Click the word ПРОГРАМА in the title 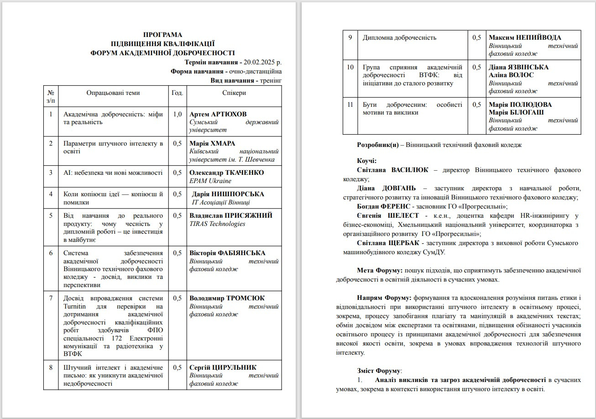coord(162,35)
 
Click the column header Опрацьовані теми coord(113,93)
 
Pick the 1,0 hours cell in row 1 coord(178,114)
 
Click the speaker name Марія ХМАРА coord(212,143)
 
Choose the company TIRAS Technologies coord(217,224)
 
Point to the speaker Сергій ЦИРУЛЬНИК coord(223,367)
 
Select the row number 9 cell coord(350,37)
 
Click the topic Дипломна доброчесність coord(399,37)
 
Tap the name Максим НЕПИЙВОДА coord(525,37)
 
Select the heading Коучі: coord(366,161)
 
